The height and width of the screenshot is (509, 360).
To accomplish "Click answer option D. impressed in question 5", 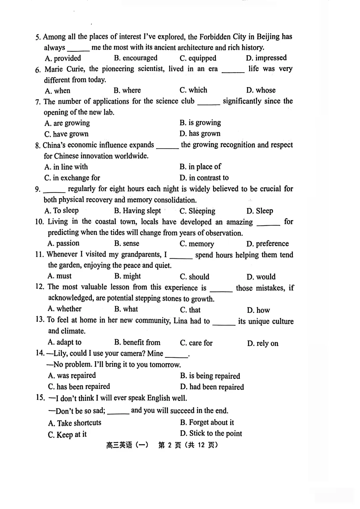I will pyautogui.click(x=266, y=58).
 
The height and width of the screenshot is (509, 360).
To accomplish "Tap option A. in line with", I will pyautogui.click(x=66, y=167).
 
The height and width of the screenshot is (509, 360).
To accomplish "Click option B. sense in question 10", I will pyautogui.click(x=127, y=244).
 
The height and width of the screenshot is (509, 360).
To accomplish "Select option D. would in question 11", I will pyautogui.click(x=261, y=277).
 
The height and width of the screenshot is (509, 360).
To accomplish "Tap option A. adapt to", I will pyautogui.click(x=64, y=342).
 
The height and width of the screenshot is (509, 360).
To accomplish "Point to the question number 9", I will pyautogui.click(x=38, y=189).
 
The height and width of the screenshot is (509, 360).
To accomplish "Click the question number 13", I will pyautogui.click(x=40, y=319).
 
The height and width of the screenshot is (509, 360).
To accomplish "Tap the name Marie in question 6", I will pyautogui.click(x=54, y=69).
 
